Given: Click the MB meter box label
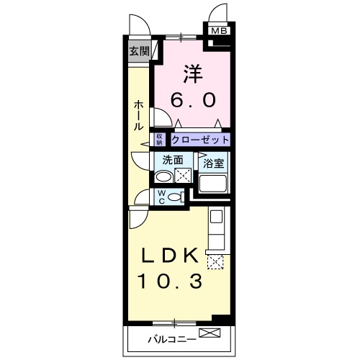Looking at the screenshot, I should pos(218,31).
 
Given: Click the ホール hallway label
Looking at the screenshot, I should pos(137,114).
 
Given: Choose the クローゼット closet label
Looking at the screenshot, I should pos(201,140).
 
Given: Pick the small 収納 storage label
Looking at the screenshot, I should pos(159,140).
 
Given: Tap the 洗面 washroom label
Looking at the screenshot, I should pos(172,161).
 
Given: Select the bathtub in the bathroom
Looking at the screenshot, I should pos(213,184).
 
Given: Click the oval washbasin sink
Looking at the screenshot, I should pos(163,177).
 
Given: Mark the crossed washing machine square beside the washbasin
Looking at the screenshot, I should pos(183,176).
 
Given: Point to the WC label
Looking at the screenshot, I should pos(161,196).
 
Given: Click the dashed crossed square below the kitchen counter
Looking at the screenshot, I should pos(215,261).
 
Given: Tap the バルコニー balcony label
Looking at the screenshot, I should pos(167,336).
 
